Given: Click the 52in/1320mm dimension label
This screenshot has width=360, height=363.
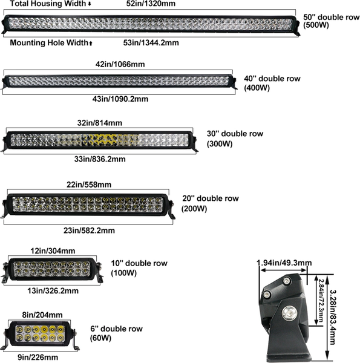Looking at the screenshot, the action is pos(151,4).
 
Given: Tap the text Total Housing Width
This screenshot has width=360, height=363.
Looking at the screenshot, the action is pos(48,4).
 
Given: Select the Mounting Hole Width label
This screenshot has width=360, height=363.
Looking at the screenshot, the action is pos(49,42).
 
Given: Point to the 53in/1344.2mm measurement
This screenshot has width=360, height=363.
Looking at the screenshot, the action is pos(151,43).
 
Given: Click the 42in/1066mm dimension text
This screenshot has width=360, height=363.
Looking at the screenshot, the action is pos(120,64).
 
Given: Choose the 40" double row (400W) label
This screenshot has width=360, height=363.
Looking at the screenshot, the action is pos(272,83).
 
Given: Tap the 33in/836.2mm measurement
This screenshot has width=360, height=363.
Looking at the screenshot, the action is pos(100,159).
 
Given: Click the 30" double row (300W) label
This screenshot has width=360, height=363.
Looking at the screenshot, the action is pos(235,139).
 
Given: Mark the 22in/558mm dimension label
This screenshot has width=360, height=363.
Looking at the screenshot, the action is pos(89,185).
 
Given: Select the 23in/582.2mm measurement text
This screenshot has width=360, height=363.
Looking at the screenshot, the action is pos(89,231).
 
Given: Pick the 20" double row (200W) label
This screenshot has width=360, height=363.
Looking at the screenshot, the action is pos(210,203).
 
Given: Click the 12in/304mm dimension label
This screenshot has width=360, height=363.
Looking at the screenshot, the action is pos(53,251).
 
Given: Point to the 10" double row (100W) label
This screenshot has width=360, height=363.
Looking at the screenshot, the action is pos(139,268).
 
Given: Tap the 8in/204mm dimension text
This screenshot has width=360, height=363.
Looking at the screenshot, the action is pos(42,315).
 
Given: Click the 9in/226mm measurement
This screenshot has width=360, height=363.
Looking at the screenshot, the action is pos(38,357).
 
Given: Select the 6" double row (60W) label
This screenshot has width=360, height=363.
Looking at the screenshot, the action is pos(116,333).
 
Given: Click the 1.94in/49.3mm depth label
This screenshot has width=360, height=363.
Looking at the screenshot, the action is pos(284,263).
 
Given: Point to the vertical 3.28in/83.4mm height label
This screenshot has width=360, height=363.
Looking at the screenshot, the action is pos(332,318).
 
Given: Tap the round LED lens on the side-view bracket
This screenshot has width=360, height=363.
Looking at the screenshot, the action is pos(289,314).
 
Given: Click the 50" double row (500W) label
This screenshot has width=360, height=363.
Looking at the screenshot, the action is pos(332,21).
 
